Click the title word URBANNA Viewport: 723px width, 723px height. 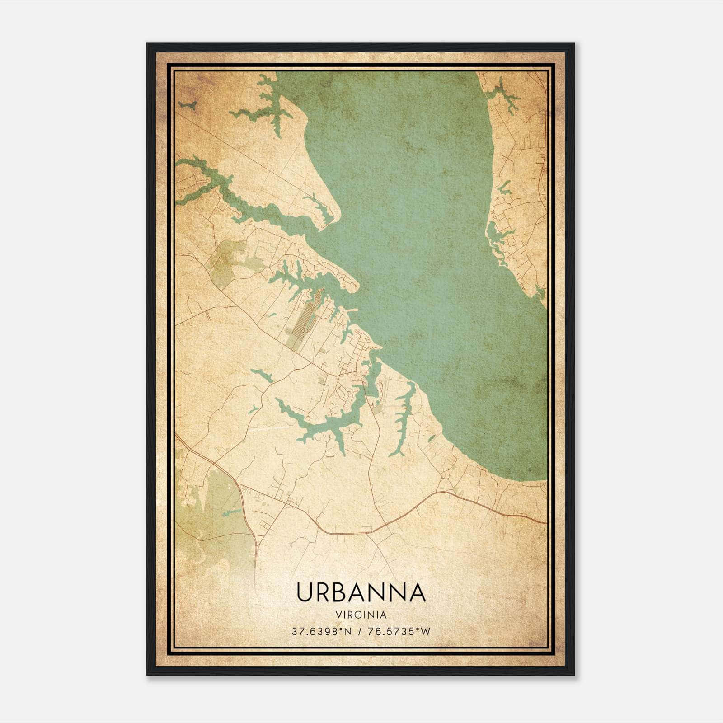coord(361,592)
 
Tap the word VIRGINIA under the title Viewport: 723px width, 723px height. coord(361,615)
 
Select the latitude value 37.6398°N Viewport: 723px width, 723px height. coord(321,631)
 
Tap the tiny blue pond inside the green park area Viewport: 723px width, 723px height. coord(231,512)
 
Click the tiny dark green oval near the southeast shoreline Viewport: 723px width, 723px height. coord(431,438)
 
